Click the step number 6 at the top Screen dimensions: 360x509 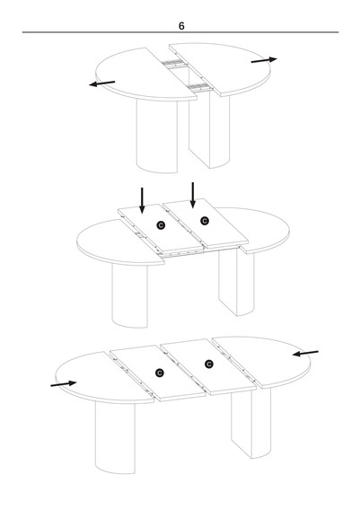181,26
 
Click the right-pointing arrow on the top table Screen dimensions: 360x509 264,60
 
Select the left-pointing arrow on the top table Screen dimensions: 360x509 102,83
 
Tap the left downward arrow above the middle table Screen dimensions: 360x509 142,200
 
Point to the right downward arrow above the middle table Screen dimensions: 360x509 193,195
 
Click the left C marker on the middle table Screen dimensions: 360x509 161,225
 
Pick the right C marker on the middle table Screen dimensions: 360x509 205,221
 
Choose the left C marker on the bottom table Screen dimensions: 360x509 160,373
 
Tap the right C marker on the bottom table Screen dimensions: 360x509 209,364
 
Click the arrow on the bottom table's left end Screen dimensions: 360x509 64,384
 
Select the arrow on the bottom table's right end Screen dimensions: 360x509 305,353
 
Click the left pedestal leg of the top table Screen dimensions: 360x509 157,136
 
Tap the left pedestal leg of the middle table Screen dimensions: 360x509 130,295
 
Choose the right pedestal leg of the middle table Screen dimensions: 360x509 237,282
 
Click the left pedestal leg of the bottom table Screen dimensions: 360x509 115,437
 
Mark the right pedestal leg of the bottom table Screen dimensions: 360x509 251,423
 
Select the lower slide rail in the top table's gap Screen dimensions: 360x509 200,87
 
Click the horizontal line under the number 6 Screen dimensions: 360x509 180,32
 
